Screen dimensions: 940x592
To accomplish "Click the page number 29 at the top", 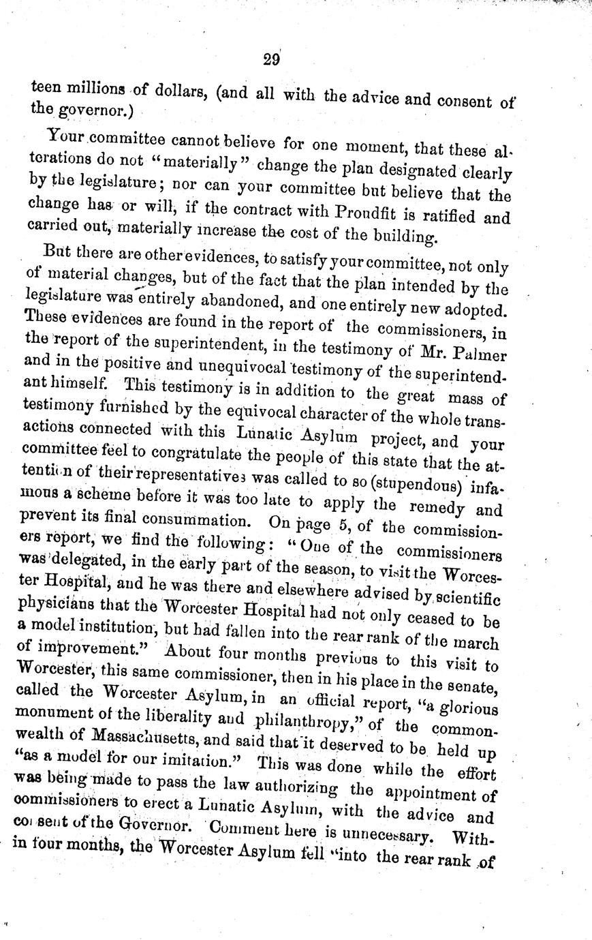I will (271, 59).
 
